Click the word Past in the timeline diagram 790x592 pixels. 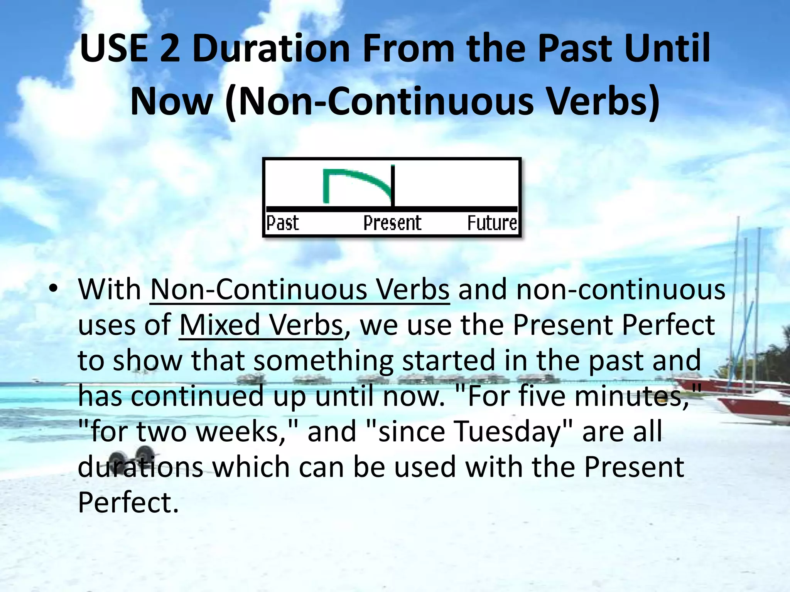pyautogui.click(x=282, y=223)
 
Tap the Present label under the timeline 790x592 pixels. pyautogui.click(x=392, y=223)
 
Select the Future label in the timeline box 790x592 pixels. pyautogui.click(x=492, y=223)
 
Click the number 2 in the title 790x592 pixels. pyautogui.click(x=170, y=49)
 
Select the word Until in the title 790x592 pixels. pyautogui.click(x=667, y=49)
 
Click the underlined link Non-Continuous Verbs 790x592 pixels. pyautogui.click(x=300, y=289)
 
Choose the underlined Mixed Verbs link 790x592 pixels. pyautogui.click(x=261, y=325)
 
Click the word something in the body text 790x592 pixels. pyautogui.click(x=324, y=361)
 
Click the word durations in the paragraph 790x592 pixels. pyautogui.click(x=140, y=467)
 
